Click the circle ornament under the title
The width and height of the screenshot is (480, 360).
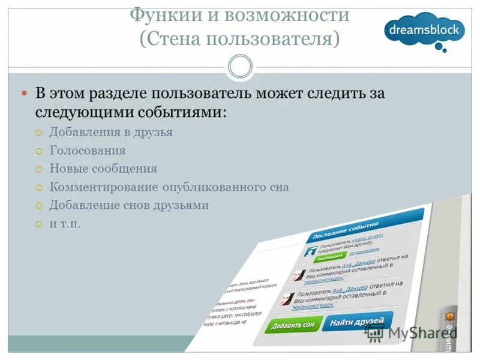point(241,67)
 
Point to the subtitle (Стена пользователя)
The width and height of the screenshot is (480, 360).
point(239,39)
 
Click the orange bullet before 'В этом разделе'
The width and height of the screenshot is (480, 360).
point(25,94)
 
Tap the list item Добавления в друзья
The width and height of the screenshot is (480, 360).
point(111,132)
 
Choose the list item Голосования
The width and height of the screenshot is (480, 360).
point(87,151)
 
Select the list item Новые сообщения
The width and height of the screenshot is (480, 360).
point(103,169)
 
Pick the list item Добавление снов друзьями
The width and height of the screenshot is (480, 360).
point(129,205)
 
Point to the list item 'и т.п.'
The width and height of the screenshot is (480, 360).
point(65,224)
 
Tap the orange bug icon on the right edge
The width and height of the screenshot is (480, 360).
point(449,316)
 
